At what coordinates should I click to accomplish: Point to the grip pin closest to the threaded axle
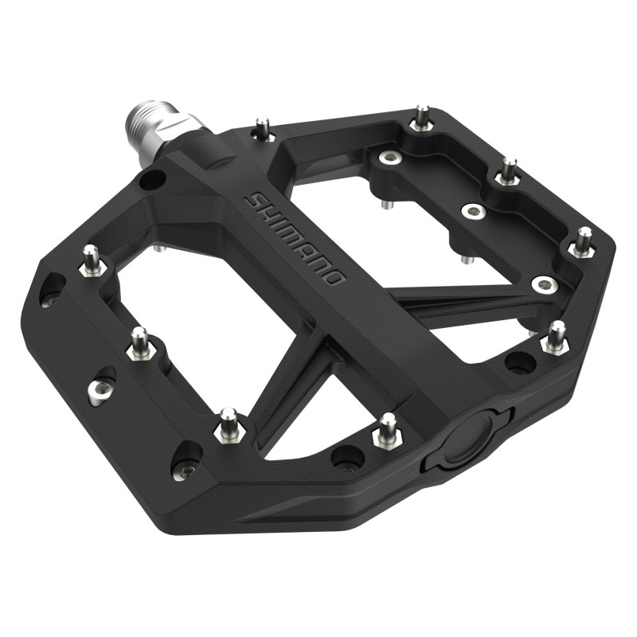coord(261,127)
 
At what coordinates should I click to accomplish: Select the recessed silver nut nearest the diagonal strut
coord(543,283)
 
